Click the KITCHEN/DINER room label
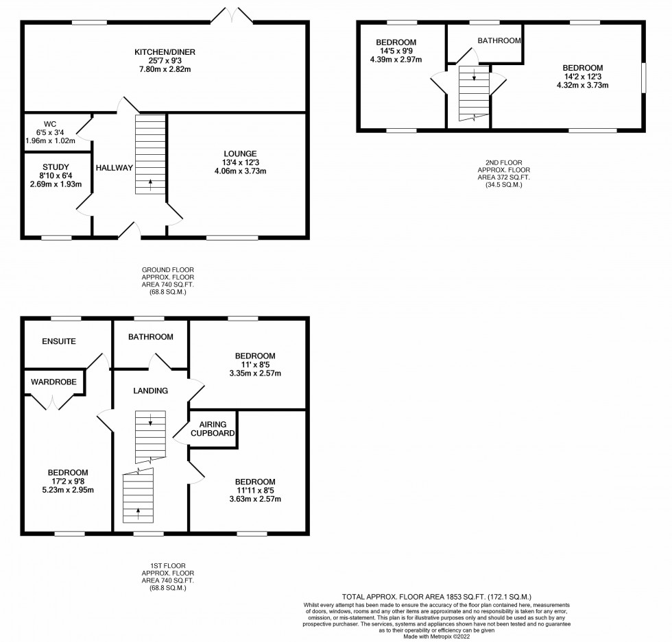[165, 52]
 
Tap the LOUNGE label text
[240, 153]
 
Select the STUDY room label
[56, 167]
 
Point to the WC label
[50, 124]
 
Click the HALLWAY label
[114, 168]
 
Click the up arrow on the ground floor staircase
[150, 184]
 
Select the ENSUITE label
[59, 341]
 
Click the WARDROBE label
[54, 382]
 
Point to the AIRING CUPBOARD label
[213, 429]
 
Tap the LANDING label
[150, 391]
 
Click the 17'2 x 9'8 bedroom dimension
[68, 482]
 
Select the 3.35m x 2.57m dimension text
[255, 373]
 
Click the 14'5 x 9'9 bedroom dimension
[396, 51]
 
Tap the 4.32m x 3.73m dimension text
[583, 85]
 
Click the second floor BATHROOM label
[499, 40]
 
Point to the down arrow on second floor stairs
[474, 75]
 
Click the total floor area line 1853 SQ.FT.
[437, 597]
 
